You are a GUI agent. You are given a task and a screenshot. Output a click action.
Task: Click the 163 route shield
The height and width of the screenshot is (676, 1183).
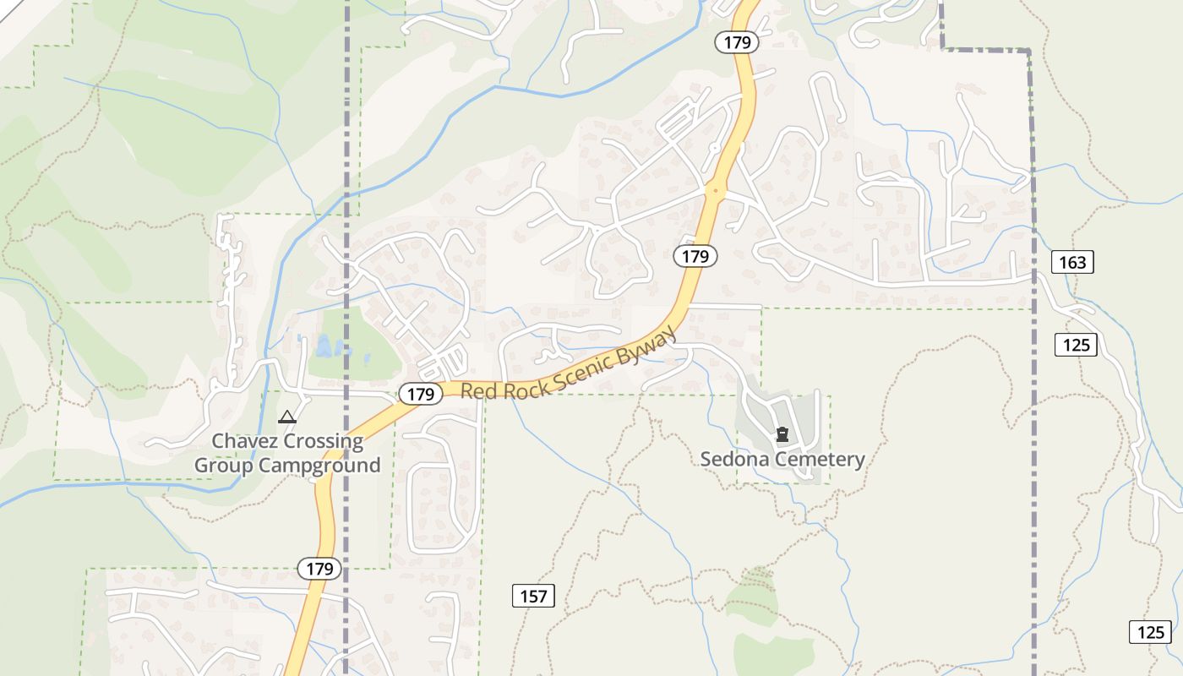[1072, 262]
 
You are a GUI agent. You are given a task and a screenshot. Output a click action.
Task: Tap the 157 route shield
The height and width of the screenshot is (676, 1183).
[533, 596]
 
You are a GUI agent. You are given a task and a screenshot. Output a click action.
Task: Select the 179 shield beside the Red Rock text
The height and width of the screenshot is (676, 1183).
[420, 394]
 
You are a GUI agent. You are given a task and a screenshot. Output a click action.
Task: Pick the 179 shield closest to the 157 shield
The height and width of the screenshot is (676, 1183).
[319, 569]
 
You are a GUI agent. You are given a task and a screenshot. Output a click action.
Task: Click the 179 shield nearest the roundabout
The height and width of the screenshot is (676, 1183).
[695, 256]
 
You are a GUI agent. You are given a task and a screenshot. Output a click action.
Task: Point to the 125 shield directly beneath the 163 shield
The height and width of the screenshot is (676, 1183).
[1076, 345]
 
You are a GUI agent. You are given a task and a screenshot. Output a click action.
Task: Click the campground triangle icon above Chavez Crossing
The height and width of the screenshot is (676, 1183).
[287, 417]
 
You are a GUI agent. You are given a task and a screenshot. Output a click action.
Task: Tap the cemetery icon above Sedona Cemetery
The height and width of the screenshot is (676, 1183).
[782, 434]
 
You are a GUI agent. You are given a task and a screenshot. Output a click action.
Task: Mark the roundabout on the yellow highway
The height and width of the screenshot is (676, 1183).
[716, 192]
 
